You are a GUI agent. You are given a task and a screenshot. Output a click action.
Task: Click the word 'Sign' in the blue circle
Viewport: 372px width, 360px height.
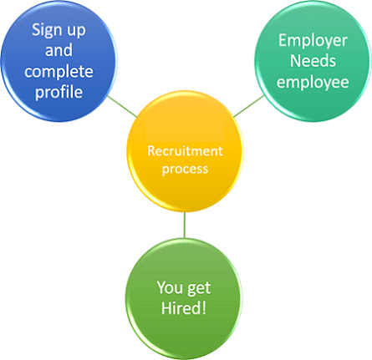(47, 30)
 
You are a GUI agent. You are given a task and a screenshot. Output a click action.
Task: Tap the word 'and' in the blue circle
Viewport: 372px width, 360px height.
(59, 50)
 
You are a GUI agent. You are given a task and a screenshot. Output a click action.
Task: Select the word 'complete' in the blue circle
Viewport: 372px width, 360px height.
(59, 72)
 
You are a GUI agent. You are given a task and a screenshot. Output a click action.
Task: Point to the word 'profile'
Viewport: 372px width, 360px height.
(59, 92)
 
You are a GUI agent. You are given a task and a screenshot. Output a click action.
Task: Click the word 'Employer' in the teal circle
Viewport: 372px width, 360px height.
(313, 41)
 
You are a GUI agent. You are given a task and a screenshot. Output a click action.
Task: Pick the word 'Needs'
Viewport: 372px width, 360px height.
(313, 60)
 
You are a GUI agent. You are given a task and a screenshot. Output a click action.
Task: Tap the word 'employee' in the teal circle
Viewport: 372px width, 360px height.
(313, 83)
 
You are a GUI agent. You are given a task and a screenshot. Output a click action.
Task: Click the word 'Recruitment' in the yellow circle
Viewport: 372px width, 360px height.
(185, 151)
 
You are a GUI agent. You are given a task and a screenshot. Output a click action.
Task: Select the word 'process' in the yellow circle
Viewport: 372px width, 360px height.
(185, 170)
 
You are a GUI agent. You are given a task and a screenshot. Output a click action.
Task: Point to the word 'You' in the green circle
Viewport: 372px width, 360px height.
(170, 287)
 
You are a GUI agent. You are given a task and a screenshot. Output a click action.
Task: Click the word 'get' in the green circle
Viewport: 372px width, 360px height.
(199, 288)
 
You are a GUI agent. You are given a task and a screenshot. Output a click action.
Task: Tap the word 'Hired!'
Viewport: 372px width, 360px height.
(184, 308)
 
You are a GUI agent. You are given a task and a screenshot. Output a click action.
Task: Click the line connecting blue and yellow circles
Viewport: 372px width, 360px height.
(122, 106)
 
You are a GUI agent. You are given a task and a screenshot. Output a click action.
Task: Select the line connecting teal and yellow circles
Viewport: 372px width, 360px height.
(249, 106)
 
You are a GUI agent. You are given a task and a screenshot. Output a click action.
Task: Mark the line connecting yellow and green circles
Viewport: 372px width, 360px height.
(184, 225)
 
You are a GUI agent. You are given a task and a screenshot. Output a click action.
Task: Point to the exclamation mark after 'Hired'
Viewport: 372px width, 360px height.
(204, 308)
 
